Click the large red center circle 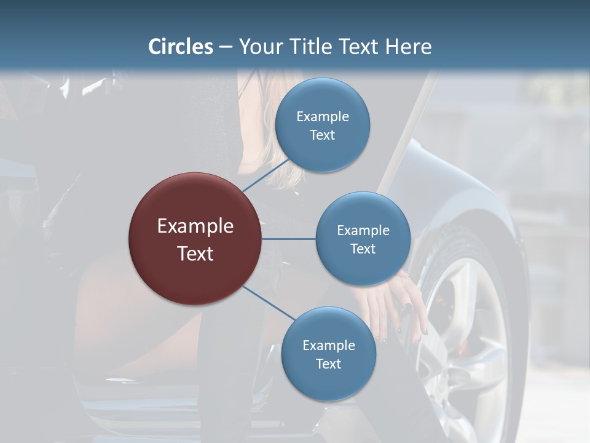pyautogui.click(x=195, y=239)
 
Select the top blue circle pyautogui.click(x=323, y=125)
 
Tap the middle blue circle pyautogui.click(x=363, y=239)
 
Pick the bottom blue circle pyautogui.click(x=328, y=354)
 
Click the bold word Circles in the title pyautogui.click(x=181, y=47)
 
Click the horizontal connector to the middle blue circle pyautogui.click(x=288, y=239)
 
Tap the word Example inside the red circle pyautogui.click(x=195, y=226)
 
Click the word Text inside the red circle pyautogui.click(x=195, y=253)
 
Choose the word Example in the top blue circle pyautogui.click(x=323, y=116)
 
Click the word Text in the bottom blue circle pyautogui.click(x=328, y=364)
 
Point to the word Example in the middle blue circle pyautogui.click(x=363, y=230)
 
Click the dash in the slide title pyautogui.click(x=226, y=47)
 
